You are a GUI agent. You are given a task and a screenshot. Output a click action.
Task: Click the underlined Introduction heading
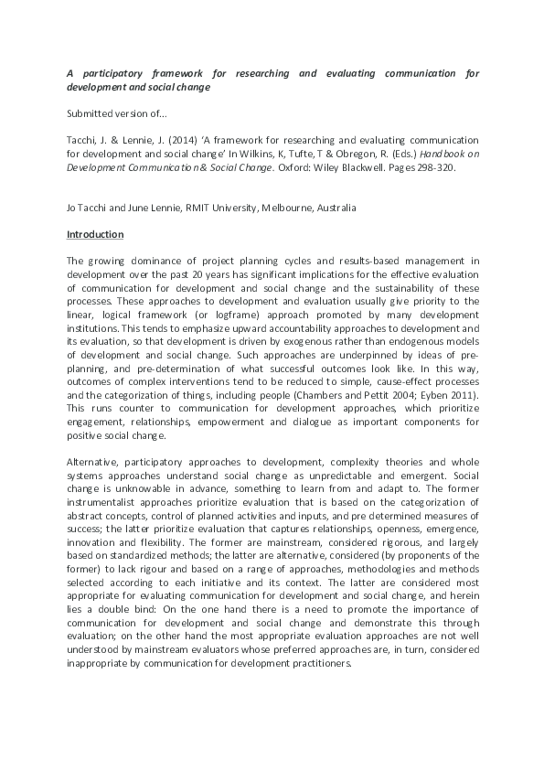[95, 234]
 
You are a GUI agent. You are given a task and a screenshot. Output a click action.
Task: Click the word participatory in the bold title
[118, 73]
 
